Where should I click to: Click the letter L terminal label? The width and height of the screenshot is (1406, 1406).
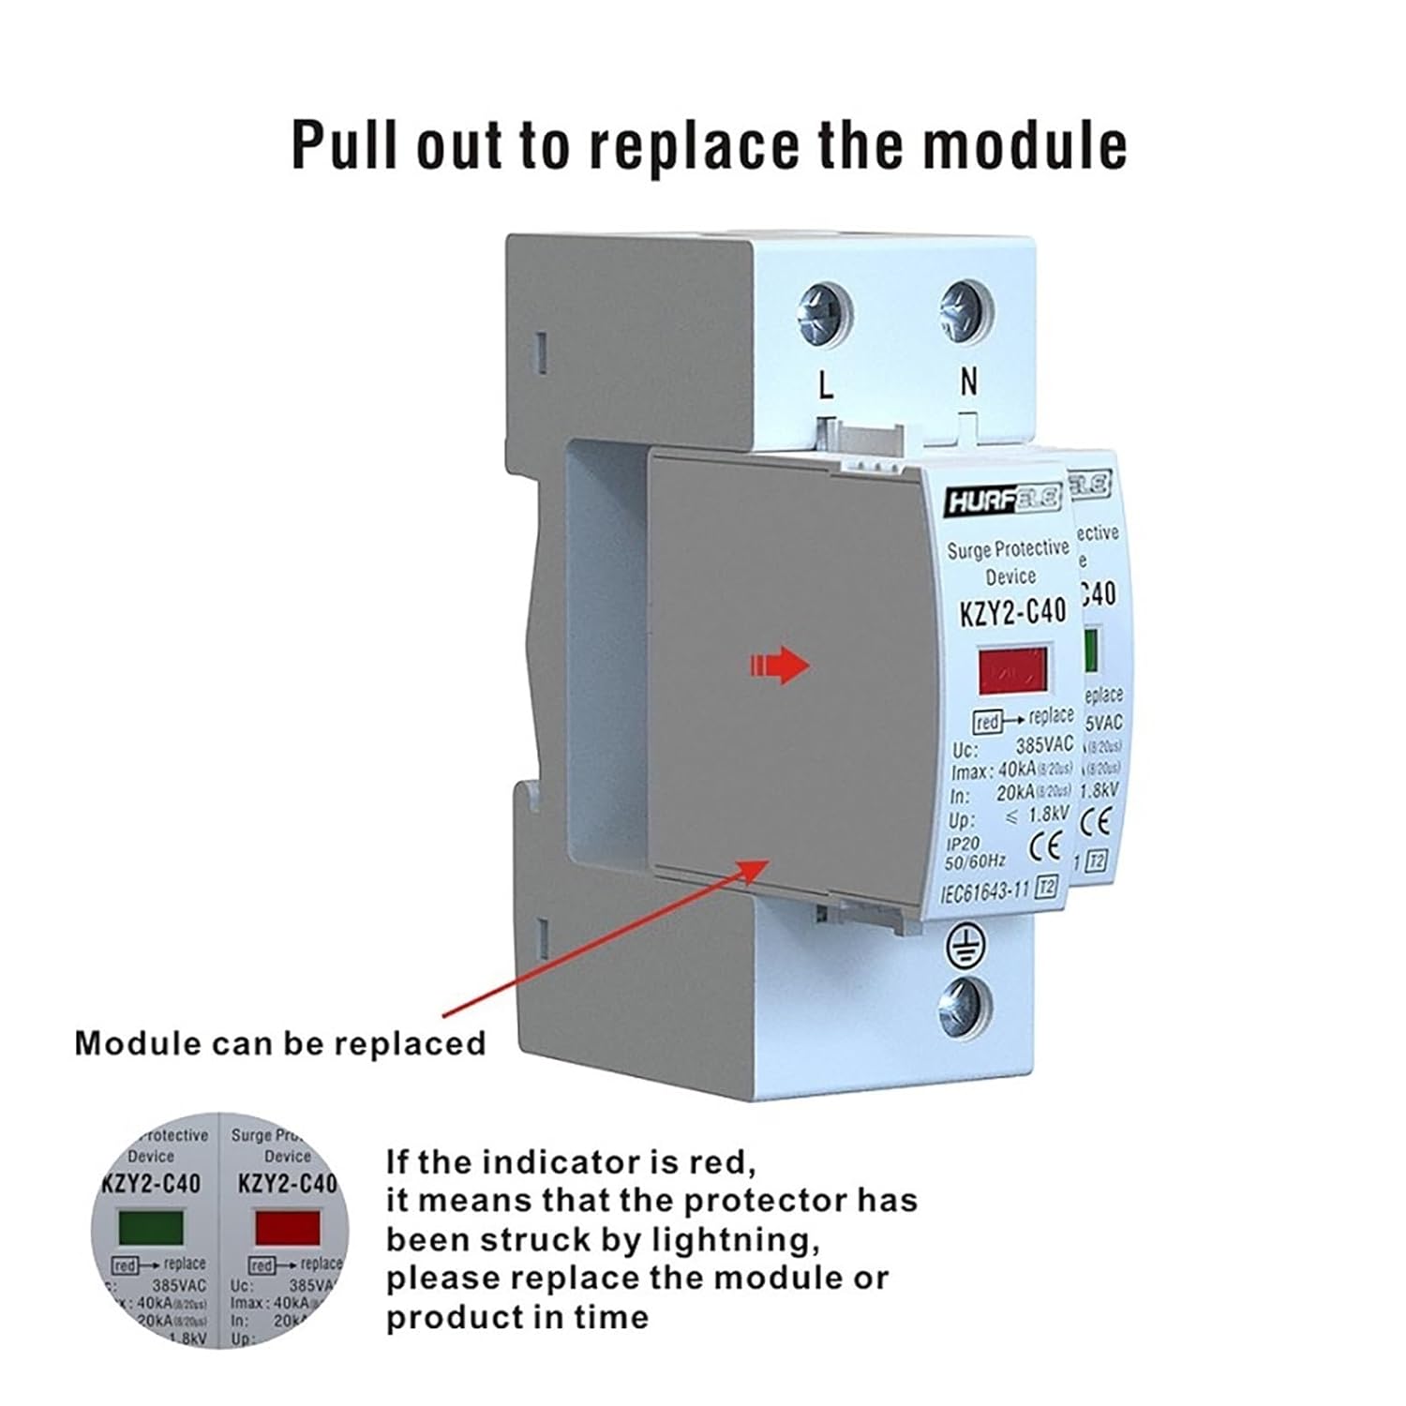click(x=826, y=383)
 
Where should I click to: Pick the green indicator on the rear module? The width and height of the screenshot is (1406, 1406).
click(x=1091, y=651)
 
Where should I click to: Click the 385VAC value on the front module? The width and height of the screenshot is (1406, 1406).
click(x=1044, y=746)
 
